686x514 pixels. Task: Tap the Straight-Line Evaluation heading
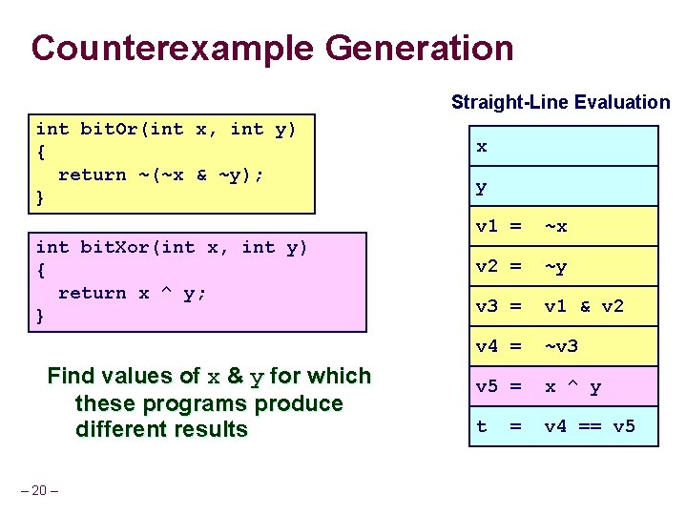560,102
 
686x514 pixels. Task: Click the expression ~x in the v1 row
555,227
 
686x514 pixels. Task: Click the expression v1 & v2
583,307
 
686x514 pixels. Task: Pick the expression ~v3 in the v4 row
561,346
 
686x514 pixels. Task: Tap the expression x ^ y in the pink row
572,387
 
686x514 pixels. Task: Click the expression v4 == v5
589,426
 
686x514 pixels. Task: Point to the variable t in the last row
482,426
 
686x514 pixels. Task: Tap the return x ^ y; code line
133,294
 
